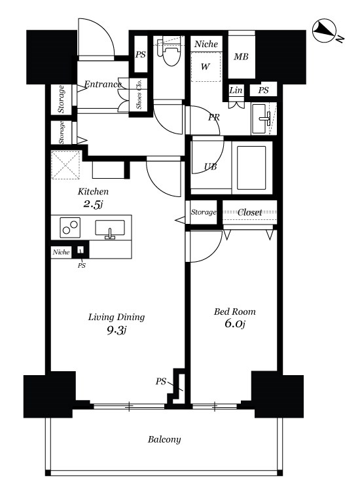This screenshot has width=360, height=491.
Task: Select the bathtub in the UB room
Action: pyautogui.click(x=251, y=168)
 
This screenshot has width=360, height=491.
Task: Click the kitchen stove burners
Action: pyautogui.click(x=70, y=228)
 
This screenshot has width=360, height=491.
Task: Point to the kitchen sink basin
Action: pyautogui.click(x=109, y=229)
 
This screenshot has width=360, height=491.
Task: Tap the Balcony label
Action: pyautogui.click(x=164, y=440)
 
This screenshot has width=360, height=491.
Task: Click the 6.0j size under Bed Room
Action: pyautogui.click(x=234, y=323)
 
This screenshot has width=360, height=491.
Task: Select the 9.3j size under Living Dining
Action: pyautogui.click(x=116, y=330)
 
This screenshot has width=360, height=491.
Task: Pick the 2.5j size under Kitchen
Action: pyautogui.click(x=93, y=204)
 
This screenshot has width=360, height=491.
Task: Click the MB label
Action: pyautogui.click(x=241, y=57)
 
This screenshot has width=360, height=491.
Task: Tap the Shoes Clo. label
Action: pyautogui.click(x=139, y=94)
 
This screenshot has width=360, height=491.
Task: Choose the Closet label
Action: pyautogui.click(x=249, y=212)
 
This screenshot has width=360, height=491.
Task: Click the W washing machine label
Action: pyautogui.click(x=205, y=67)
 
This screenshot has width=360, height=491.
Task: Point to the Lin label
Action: pyautogui.click(x=236, y=90)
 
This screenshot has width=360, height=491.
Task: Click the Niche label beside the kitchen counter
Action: pyautogui.click(x=61, y=252)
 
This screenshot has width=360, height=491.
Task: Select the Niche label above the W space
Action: pyautogui.click(x=206, y=44)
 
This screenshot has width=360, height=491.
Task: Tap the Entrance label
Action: pyautogui.click(x=103, y=84)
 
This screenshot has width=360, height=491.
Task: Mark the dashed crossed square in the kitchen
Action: pyautogui.click(x=65, y=165)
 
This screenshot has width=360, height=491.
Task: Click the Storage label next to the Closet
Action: pyautogui.click(x=204, y=212)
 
